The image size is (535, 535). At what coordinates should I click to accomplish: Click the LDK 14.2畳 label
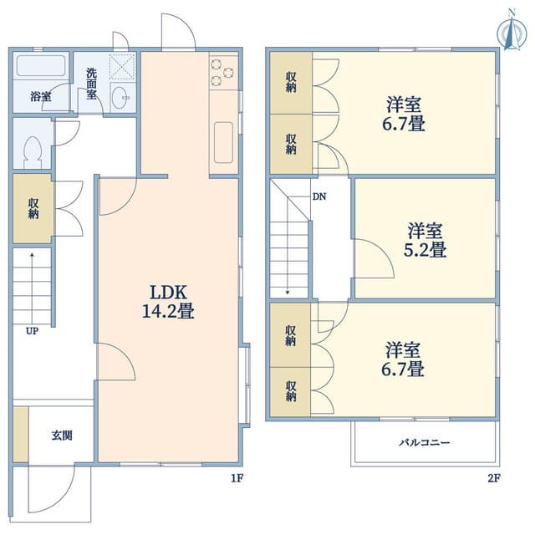[168, 302]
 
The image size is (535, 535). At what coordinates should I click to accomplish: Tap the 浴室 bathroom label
[41, 97]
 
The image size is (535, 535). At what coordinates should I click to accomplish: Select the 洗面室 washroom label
[91, 84]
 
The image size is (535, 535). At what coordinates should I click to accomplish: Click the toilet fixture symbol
[33, 152]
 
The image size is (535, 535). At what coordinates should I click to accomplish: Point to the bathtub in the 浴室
[41, 65]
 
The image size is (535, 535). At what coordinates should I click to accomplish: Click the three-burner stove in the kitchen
[223, 73]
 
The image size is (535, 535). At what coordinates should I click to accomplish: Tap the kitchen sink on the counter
[223, 143]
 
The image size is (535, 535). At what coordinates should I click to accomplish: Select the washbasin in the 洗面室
[120, 98]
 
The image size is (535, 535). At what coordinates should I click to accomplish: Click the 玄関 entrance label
[62, 436]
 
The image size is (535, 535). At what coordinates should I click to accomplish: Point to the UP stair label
[32, 331]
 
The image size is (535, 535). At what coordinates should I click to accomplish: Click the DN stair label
[319, 196]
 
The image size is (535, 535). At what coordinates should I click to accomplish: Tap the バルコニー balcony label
[425, 443]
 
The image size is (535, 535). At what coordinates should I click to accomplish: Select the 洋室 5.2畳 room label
[425, 240]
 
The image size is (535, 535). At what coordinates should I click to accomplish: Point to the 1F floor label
[237, 478]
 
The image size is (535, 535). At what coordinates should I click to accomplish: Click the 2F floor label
[494, 478]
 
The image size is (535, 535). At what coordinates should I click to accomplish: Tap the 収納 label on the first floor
[33, 209]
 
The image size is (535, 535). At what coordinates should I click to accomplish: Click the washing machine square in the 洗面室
[122, 67]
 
